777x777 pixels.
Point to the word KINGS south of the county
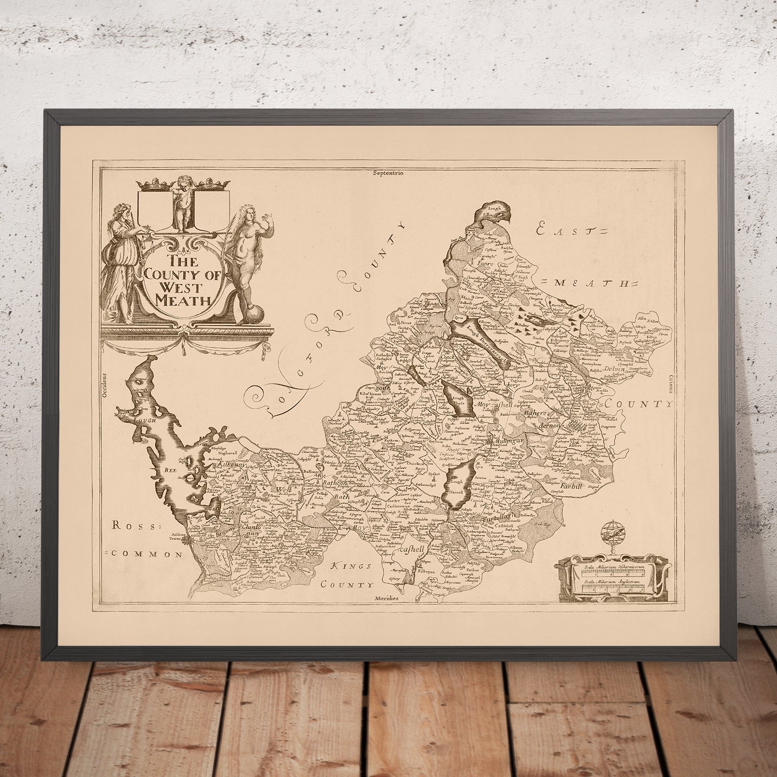(x=348, y=566)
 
